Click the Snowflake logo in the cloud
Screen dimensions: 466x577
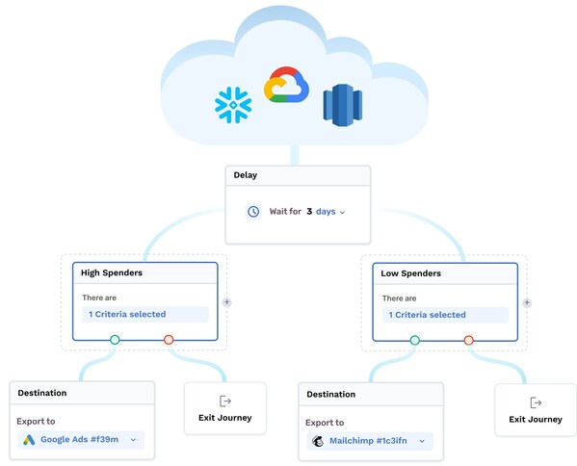click(232, 105)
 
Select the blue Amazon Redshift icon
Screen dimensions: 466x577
click(340, 104)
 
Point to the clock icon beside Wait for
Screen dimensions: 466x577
click(253, 211)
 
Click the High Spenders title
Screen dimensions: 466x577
click(112, 273)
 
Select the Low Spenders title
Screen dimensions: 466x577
click(410, 273)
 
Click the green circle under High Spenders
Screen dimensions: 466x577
click(115, 340)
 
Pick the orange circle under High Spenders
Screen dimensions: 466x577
click(169, 340)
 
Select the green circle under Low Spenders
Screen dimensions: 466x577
click(414, 340)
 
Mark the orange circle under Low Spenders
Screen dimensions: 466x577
click(468, 340)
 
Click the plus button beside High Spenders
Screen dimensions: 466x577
click(227, 301)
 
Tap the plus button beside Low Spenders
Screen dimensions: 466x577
click(527, 301)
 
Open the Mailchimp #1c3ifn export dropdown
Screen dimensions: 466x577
click(370, 441)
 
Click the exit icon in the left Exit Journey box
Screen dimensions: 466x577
click(225, 401)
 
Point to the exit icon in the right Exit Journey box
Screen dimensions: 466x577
click(536, 401)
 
